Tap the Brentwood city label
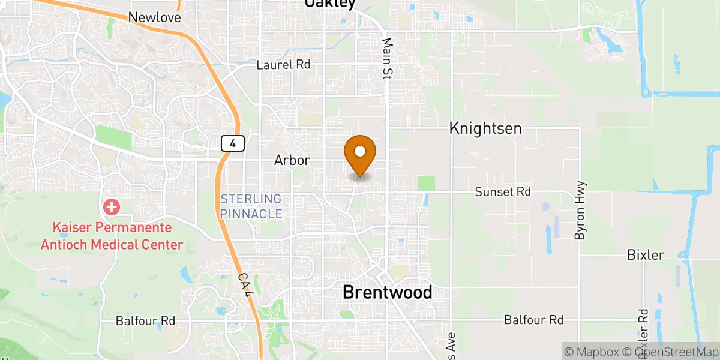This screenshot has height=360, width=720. (x=387, y=292)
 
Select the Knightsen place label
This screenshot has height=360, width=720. (x=485, y=128)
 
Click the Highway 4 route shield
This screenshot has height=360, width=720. (x=232, y=143)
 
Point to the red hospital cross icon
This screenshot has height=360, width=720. (x=112, y=208)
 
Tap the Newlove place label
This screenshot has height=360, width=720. (x=155, y=17)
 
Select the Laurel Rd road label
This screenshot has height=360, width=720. (x=283, y=65)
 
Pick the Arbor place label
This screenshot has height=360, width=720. (x=292, y=160)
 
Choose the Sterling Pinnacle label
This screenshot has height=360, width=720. (x=251, y=206)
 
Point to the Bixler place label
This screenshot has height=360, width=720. (x=646, y=255)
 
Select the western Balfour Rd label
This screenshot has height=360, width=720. (x=146, y=321)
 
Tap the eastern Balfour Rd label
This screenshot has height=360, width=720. (x=534, y=320)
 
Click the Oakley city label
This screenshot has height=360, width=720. (x=330, y=4)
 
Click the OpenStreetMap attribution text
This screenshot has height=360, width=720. (x=670, y=351)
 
